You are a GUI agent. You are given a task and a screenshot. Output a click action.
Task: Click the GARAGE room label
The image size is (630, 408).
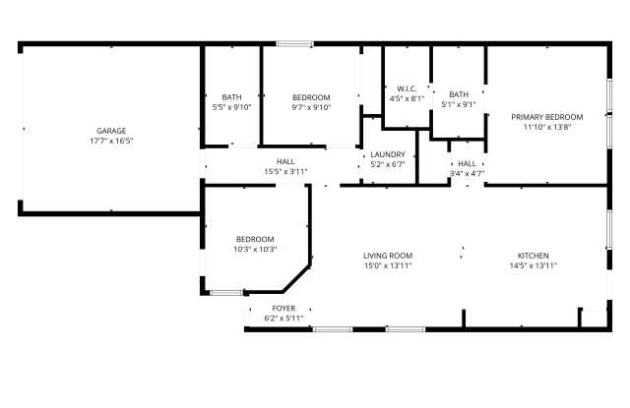(x=111, y=131)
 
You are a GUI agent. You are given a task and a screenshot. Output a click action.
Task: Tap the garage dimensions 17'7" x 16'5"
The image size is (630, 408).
(x=111, y=141)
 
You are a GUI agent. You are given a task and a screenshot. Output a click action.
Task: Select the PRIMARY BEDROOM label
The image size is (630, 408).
(x=547, y=117)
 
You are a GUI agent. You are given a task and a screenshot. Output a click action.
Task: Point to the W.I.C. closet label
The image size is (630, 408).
(x=407, y=89)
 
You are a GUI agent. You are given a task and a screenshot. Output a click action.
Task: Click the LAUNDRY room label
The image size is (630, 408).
(x=388, y=154)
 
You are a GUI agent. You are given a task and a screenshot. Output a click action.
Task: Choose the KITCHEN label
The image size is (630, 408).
(x=534, y=256)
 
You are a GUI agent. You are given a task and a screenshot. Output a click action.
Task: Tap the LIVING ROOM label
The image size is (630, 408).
(x=388, y=256)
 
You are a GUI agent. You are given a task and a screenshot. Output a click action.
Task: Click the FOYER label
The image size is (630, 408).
(x=283, y=309)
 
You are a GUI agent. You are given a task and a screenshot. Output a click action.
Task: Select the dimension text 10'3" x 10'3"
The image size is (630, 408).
(x=255, y=249)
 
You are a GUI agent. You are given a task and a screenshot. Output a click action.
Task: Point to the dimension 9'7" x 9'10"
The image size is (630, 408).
(x=311, y=107)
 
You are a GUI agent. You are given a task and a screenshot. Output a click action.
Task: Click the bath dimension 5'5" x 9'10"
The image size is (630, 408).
(x=232, y=107)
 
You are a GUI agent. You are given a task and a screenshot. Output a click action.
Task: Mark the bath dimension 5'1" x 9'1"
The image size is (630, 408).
(x=459, y=105)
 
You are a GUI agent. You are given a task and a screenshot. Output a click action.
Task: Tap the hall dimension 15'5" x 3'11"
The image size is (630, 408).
(x=285, y=172)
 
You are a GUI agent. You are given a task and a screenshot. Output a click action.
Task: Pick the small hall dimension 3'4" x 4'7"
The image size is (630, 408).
(x=467, y=174)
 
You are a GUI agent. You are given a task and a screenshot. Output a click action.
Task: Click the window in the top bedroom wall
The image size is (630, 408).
(x=294, y=43)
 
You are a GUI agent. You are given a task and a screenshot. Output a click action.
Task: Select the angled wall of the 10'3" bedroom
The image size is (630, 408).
(x=296, y=278)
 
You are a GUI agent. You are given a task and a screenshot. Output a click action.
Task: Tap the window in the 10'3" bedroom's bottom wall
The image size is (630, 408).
(x=226, y=293)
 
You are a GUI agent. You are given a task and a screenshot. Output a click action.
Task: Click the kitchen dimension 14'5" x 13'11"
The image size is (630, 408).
(x=534, y=265)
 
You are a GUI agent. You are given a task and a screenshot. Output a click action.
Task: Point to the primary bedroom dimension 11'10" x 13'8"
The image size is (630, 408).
(x=547, y=127)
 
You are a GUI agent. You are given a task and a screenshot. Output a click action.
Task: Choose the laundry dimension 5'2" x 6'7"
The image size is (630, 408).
(x=388, y=164)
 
